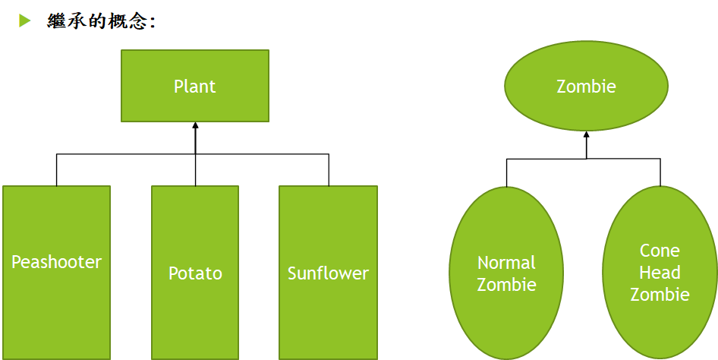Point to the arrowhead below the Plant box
pyautogui.click(x=195, y=127)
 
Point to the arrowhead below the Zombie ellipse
pyautogui.click(x=586, y=136)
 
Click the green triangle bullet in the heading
pyautogui.click(x=25, y=21)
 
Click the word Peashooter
pyautogui.click(x=56, y=262)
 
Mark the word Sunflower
pyautogui.click(x=328, y=273)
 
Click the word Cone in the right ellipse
pyautogui.click(x=660, y=251)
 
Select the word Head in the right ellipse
pyautogui.click(x=660, y=273)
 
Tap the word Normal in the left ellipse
pyautogui.click(x=506, y=263)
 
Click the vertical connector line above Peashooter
pyautogui.click(x=56, y=170)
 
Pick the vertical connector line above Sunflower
pyautogui.click(x=329, y=170)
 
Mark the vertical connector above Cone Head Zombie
pyautogui.click(x=660, y=172)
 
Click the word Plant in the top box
pyautogui.click(x=195, y=86)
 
